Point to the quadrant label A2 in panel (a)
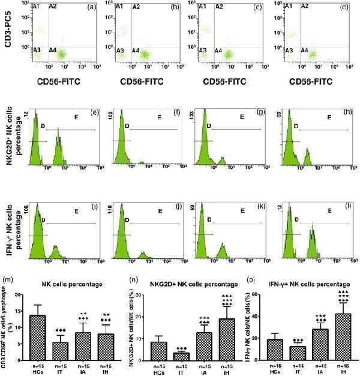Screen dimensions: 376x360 [52, 7]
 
